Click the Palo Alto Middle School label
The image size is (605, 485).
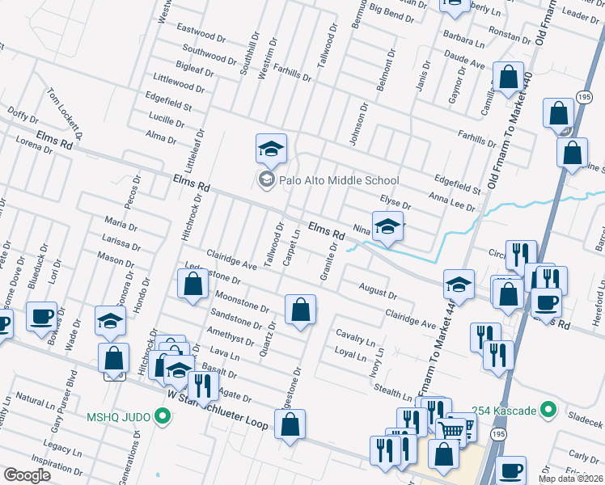click(x=338, y=180)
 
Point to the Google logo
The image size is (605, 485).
click(x=27, y=475)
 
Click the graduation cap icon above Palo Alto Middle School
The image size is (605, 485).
click(x=272, y=148)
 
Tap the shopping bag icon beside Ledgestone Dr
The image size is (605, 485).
click(x=192, y=285)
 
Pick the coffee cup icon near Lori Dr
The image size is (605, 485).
click(x=41, y=316)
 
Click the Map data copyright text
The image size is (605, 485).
click(x=571, y=479)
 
